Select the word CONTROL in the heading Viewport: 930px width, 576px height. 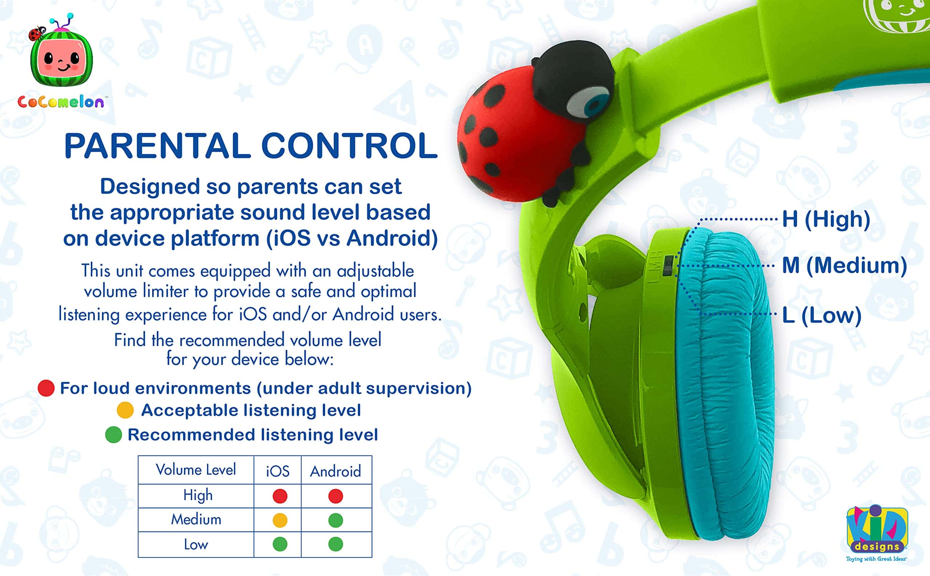[349, 146]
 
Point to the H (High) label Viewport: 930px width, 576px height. [826, 219]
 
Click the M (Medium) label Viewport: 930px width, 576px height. [844, 265]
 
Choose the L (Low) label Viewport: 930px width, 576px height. [821, 315]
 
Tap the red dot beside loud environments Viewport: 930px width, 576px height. [46, 388]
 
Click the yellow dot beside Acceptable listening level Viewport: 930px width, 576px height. [125, 410]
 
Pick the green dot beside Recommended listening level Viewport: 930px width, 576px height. [113, 435]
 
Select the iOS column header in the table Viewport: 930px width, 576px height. [278, 471]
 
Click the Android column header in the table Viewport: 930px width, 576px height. [335, 471]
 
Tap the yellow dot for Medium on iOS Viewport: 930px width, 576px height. [280, 520]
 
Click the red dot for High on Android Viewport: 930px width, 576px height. [335, 496]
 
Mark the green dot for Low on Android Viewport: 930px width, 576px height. [335, 544]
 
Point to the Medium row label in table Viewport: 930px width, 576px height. [196, 520]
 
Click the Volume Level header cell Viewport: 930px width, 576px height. [195, 470]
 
